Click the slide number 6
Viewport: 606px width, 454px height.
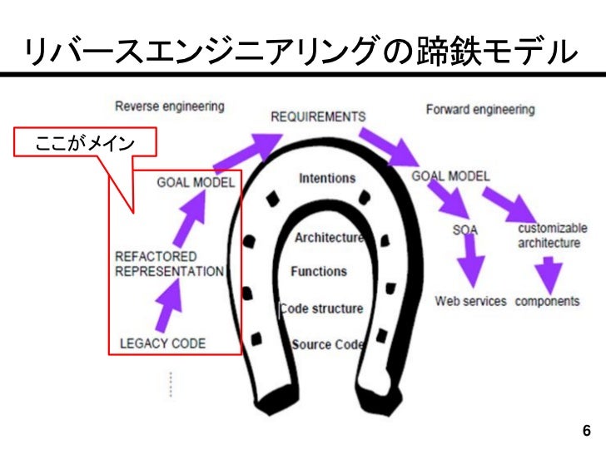(x=586, y=431)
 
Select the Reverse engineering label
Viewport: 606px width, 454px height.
(x=169, y=106)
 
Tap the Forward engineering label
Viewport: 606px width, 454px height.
(x=480, y=109)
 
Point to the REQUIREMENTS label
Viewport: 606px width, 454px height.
(x=318, y=116)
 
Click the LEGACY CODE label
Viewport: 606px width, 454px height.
(x=163, y=343)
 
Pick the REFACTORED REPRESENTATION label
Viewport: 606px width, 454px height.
(x=169, y=264)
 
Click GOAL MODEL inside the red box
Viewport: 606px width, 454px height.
(x=196, y=182)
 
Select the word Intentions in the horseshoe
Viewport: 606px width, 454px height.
(x=327, y=178)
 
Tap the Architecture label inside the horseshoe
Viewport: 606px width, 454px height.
(x=329, y=238)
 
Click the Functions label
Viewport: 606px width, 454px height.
(x=319, y=271)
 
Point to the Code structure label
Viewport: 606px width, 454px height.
(x=321, y=308)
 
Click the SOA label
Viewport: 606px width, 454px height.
(x=464, y=229)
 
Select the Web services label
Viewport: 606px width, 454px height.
(x=470, y=301)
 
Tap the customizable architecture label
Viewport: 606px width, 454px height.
(x=552, y=235)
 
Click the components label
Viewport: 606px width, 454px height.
(x=547, y=301)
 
